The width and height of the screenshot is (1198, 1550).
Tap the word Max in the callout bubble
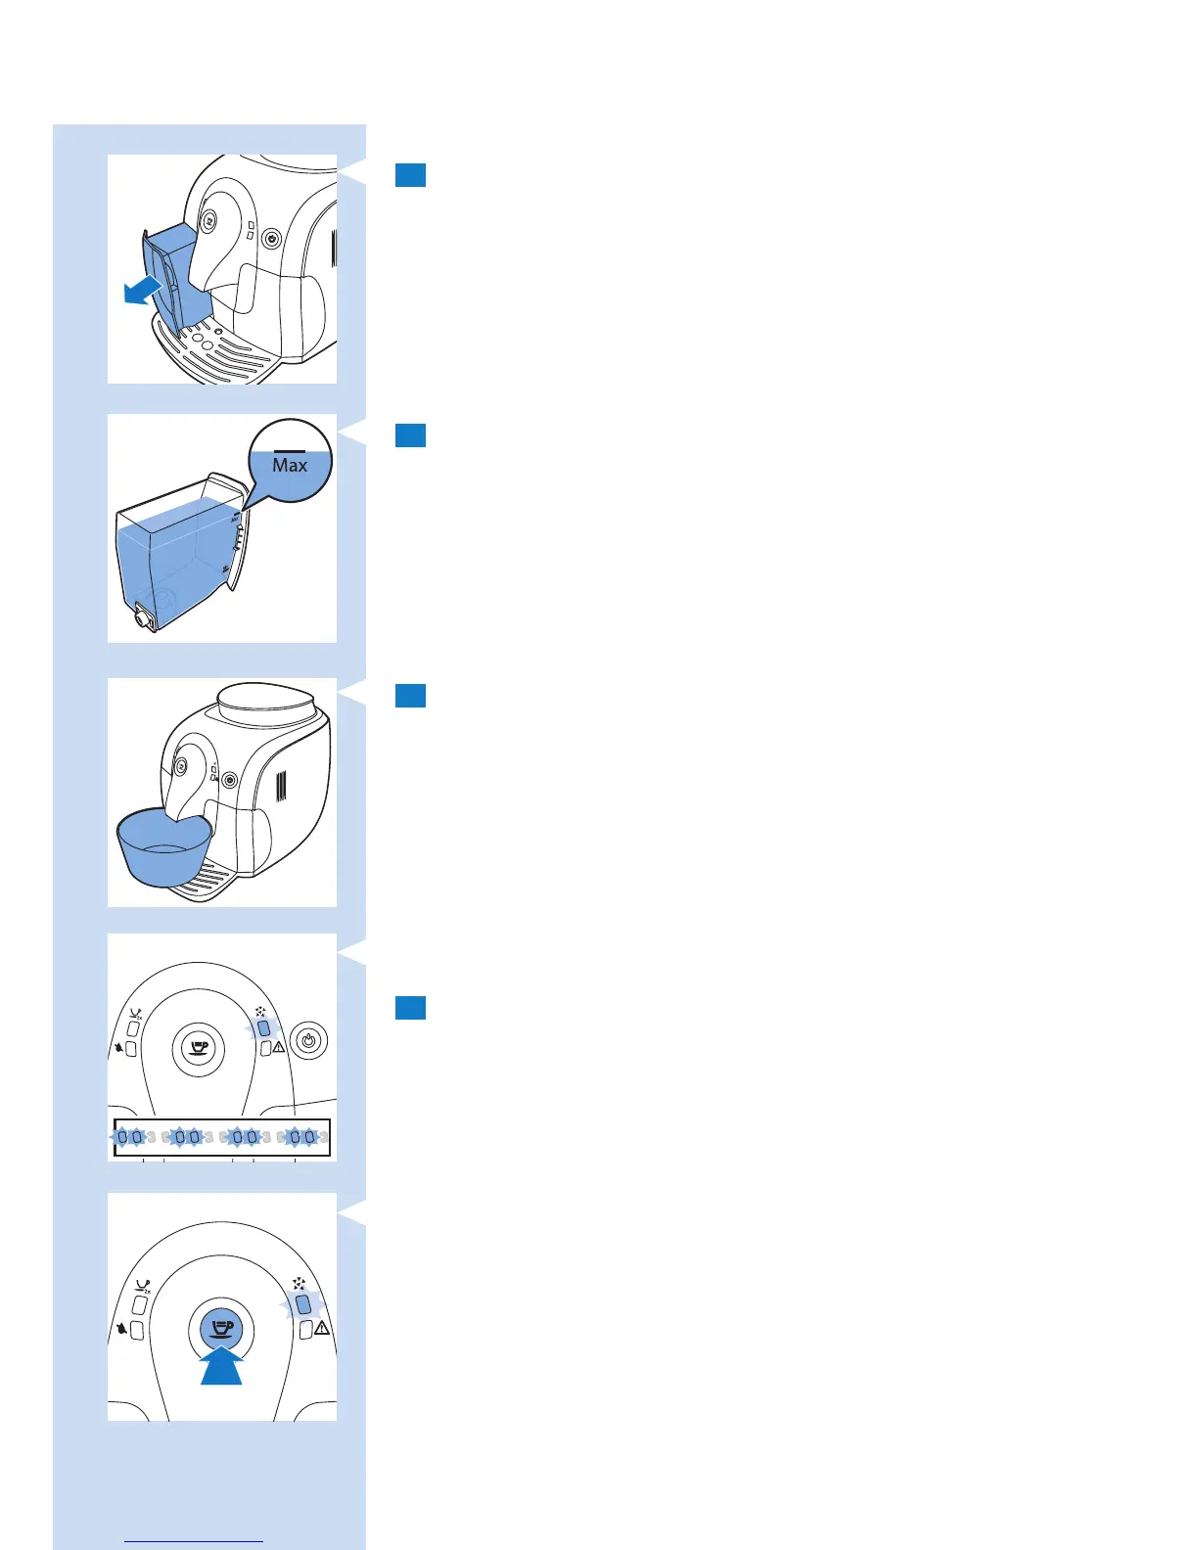tap(290, 466)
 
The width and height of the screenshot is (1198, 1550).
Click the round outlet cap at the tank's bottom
tap(144, 618)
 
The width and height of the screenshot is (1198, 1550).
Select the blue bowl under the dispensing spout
tap(163, 847)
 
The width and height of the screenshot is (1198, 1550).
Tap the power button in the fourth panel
tap(309, 1041)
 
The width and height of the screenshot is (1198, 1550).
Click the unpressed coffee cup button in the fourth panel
tap(199, 1048)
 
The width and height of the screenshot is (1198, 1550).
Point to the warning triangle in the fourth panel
tap(279, 1047)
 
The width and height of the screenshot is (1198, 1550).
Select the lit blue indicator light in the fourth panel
tap(263, 1028)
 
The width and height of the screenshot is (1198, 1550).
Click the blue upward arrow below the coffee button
tap(221, 1365)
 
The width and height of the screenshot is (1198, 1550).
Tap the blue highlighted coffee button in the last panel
tap(221, 1328)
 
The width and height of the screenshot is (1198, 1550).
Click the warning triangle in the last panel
tap(321, 1328)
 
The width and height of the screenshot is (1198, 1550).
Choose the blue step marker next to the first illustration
tap(410, 175)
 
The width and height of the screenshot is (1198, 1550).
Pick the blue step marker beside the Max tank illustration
tap(410, 435)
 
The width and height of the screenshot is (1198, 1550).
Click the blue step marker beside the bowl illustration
tap(410, 696)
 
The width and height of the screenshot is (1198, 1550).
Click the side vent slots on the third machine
tap(281, 786)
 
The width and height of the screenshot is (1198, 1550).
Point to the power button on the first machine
tap(271, 238)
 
